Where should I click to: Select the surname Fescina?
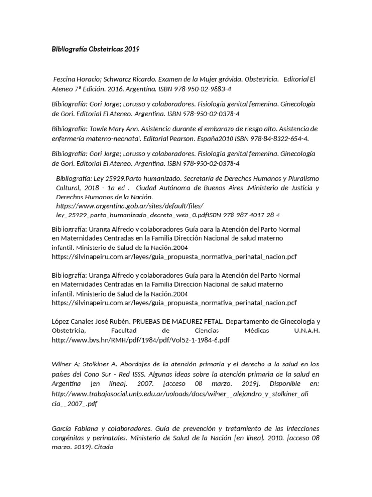[x=65, y=79]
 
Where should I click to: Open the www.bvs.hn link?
[x=140, y=340]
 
